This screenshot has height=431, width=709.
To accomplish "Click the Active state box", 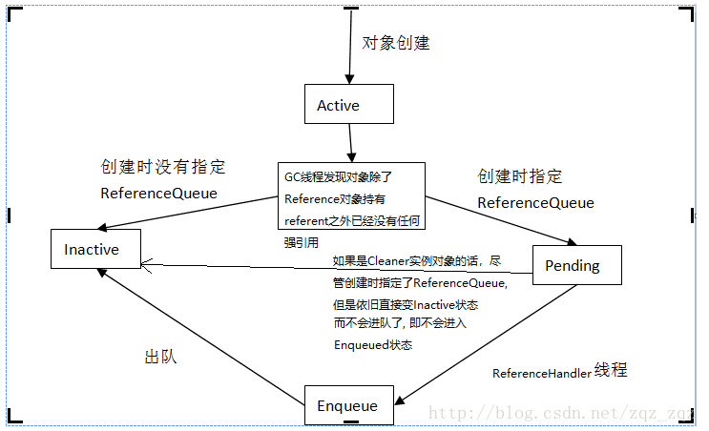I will (348, 104).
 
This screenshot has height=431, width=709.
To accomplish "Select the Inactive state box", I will (95, 249).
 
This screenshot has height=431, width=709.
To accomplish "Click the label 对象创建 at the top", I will (395, 44).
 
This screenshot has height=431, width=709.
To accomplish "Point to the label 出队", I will (160, 358).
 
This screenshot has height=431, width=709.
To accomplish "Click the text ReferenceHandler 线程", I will (559, 372).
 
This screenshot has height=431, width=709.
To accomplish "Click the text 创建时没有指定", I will (163, 167).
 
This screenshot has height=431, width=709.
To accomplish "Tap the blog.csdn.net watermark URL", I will (563, 412).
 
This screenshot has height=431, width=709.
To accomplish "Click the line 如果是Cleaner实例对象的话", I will (416, 260).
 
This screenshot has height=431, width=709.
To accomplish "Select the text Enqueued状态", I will (373, 344).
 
